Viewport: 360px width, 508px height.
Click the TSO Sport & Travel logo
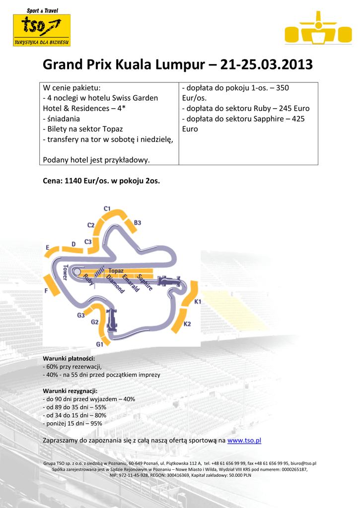41,27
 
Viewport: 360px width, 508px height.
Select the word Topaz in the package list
112,129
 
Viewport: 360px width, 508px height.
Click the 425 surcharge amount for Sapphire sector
298,119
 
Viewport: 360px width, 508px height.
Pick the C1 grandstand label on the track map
107,209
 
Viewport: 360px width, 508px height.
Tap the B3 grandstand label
138,223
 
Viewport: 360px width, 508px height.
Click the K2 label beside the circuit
187,324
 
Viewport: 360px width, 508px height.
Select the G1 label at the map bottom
100,344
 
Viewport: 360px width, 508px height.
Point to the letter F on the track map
46,291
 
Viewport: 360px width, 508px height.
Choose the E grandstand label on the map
48,247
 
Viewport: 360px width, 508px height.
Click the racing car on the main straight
169,281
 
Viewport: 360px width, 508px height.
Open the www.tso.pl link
244,440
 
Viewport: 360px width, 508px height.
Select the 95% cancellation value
96,423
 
